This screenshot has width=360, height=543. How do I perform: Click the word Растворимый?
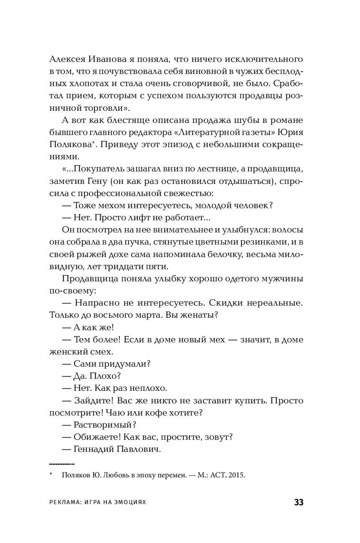coord(104,425)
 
